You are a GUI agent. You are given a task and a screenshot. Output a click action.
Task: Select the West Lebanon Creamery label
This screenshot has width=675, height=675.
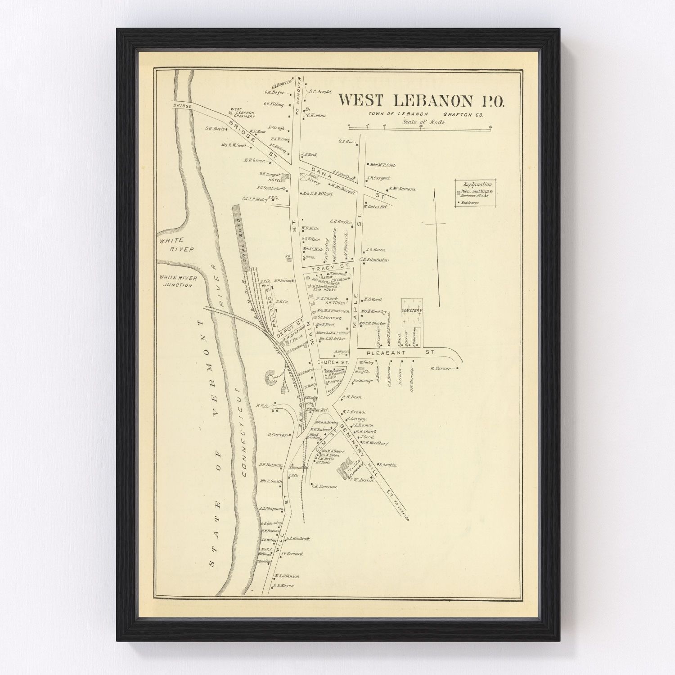pyautogui.click(x=243, y=112)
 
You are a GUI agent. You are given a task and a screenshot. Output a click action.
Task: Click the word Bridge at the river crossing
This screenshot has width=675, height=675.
pyautogui.click(x=182, y=106)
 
